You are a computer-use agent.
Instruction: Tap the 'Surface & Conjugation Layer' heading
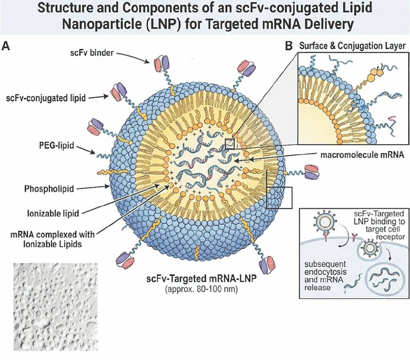pos(352,46)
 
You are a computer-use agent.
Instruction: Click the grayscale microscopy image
pos(56,306)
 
